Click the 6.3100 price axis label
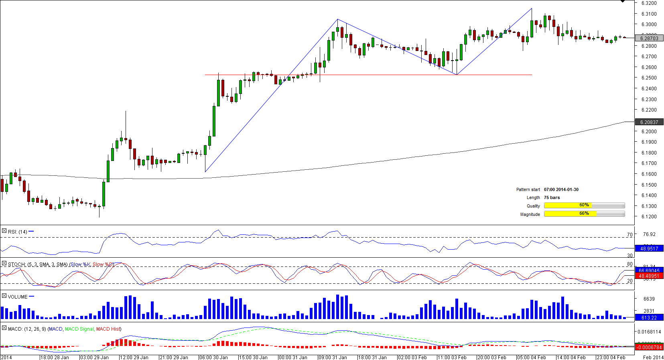pyautogui.click(x=649, y=14)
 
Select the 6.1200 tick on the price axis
pyautogui.click(x=649, y=217)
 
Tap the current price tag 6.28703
pyautogui.click(x=649, y=39)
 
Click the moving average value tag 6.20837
pyautogui.click(x=649, y=122)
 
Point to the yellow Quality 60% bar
pyautogui.click(x=568, y=205)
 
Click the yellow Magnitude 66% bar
pyautogui.click(x=570, y=214)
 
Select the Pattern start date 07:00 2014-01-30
pyautogui.click(x=561, y=189)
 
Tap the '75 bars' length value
pyautogui.click(x=552, y=197)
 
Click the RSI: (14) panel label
pyautogui.click(x=17, y=232)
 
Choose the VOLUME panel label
pyautogui.click(x=18, y=297)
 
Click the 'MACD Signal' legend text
pyautogui.click(x=79, y=329)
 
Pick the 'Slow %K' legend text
pyautogui.click(x=80, y=264)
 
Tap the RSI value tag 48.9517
pyautogui.click(x=649, y=249)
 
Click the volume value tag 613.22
pyautogui.click(x=649, y=318)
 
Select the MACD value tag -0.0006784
pyautogui.click(x=649, y=348)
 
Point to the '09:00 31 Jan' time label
pyautogui.click(x=333, y=357)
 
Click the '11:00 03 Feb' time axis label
pyautogui.click(x=452, y=357)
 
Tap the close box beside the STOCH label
pyautogui.click(x=4, y=264)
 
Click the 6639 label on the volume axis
pyautogui.click(x=649, y=299)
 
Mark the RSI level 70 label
pyautogui.click(x=629, y=235)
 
